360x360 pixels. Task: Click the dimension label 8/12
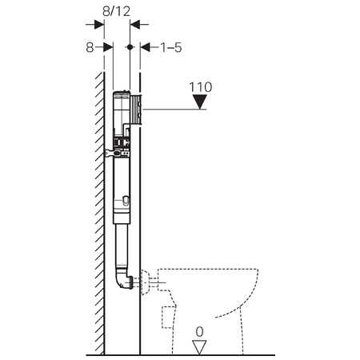(x=116, y=11)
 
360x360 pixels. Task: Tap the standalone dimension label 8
(x=90, y=48)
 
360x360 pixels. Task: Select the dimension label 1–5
(x=171, y=48)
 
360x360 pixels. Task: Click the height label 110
(x=201, y=87)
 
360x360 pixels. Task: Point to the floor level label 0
(x=199, y=332)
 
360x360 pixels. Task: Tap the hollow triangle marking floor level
(x=199, y=347)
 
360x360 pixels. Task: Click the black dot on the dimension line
(x=130, y=47)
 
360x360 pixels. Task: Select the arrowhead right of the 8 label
(x=108, y=47)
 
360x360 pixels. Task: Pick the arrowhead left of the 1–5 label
(x=145, y=47)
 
